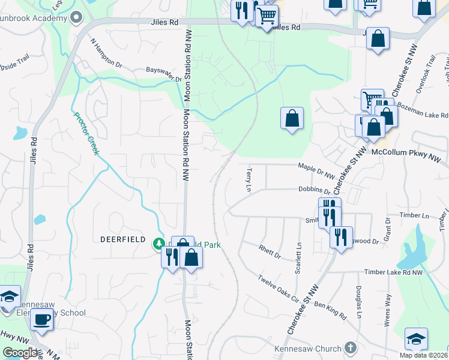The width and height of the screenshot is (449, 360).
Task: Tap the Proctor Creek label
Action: click(85, 133)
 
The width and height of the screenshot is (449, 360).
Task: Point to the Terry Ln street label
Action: click(247, 180)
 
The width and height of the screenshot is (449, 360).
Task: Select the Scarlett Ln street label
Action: click(298, 259)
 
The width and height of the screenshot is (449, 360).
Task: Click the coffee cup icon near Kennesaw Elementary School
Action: click(42, 319)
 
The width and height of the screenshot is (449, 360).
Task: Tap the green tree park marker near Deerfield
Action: click(158, 243)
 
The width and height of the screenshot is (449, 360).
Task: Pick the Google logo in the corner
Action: click(20, 353)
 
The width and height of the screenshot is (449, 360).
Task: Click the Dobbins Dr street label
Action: click(314, 190)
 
